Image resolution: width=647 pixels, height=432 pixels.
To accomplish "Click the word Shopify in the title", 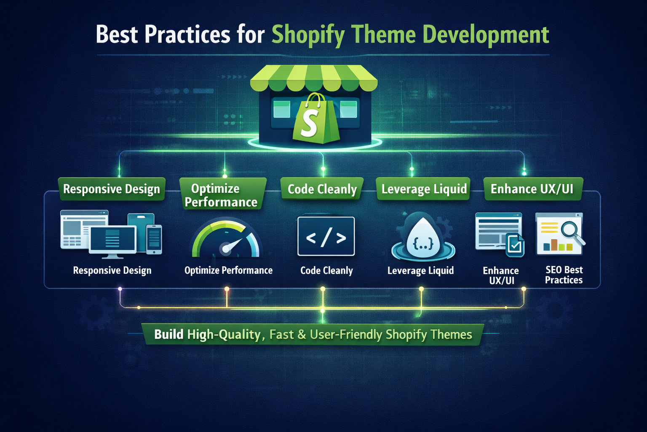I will coord(307,35).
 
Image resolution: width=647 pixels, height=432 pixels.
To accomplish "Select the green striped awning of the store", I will coord(314,78).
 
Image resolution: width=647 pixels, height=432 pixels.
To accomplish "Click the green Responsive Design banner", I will coord(112,189).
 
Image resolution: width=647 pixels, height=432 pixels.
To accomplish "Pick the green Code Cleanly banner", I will coord(322,189).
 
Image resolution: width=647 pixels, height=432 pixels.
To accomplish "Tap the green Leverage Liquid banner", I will coord(424,189).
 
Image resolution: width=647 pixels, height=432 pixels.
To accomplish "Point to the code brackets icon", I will coord(326,237).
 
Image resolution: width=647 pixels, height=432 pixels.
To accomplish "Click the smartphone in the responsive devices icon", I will coord(154,239).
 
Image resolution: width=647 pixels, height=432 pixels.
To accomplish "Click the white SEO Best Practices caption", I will coord(564,275).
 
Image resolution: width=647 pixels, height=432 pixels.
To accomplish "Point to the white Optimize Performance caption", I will coord(228,270).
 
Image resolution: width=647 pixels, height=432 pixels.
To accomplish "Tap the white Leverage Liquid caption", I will coord(420,270).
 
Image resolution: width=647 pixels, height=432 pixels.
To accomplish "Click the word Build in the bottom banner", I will coord(168,335).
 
